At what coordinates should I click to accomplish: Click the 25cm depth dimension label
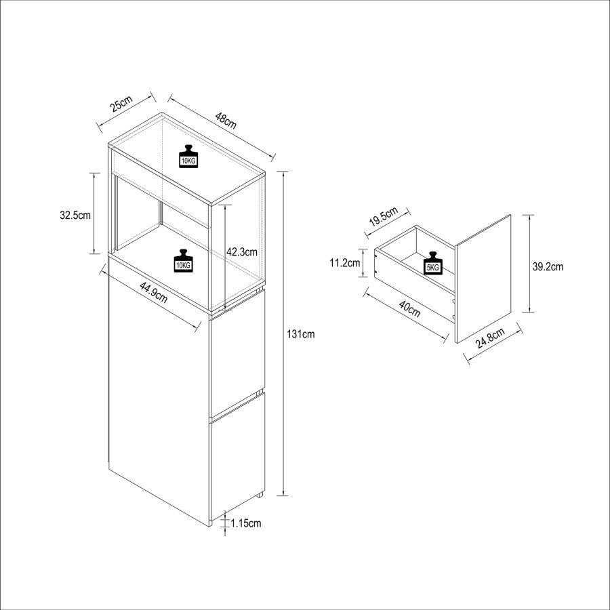pyautogui.click(x=122, y=103)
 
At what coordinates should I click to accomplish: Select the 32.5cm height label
pyautogui.click(x=75, y=215)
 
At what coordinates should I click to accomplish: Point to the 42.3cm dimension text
pyautogui.click(x=242, y=251)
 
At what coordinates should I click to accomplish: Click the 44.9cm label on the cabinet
pyautogui.click(x=154, y=293)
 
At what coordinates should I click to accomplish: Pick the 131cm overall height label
pyautogui.click(x=301, y=333)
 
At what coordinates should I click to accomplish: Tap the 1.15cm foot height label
pyautogui.click(x=246, y=523)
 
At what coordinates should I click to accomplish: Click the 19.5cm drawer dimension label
pyautogui.click(x=384, y=217)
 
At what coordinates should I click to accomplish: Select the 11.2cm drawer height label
pyautogui.click(x=345, y=263)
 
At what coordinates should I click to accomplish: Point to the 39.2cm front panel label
pyautogui.click(x=548, y=266)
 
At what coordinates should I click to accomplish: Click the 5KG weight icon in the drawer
pyautogui.click(x=433, y=264)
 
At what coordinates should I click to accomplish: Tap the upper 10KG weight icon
pyautogui.click(x=188, y=157)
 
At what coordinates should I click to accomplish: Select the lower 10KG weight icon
pyautogui.click(x=183, y=260)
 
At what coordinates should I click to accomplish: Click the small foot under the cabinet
pyautogui.click(x=260, y=495)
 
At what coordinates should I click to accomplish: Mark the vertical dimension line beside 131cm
pyautogui.click(x=283, y=333)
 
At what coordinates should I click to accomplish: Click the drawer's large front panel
pyautogui.click(x=483, y=279)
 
